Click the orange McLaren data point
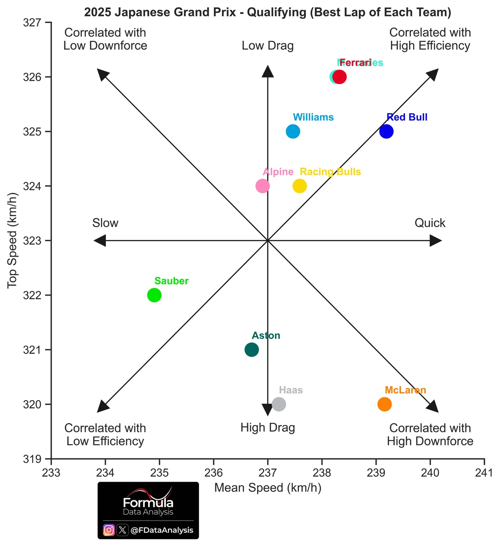point(384,404)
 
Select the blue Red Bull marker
point(386,131)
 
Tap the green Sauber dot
point(154,295)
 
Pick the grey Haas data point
point(279,404)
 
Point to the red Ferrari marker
point(340,77)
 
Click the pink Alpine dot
point(263,186)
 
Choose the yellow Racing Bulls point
point(300,186)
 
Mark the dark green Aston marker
point(252,350)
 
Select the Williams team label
point(313,117)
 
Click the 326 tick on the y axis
point(32,77)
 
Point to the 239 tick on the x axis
point(376,473)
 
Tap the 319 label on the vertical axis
point(32,459)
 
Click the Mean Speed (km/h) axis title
point(268,488)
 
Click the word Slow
point(105,223)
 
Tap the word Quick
point(430,223)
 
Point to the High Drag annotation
point(268,428)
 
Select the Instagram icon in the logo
point(109,530)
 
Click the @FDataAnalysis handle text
point(162,530)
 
